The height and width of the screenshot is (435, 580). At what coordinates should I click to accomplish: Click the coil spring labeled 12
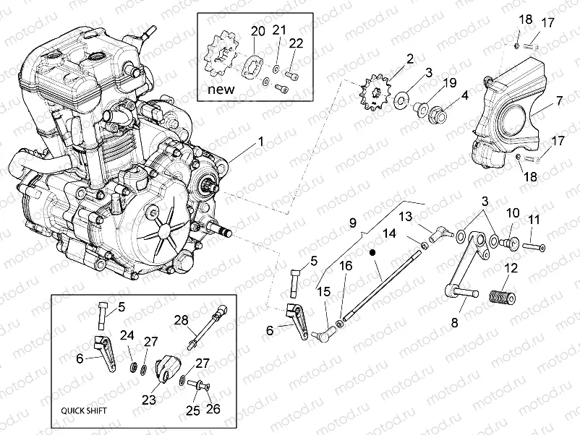[504, 296]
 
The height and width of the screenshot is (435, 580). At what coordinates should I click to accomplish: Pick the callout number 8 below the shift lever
[455, 323]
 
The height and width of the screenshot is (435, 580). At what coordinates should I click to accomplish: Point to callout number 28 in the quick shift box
[179, 320]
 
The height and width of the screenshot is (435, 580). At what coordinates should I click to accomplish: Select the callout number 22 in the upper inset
[296, 44]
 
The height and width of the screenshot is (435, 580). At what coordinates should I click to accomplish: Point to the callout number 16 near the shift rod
[346, 266]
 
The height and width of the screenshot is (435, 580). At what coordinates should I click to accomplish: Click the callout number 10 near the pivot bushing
[513, 212]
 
